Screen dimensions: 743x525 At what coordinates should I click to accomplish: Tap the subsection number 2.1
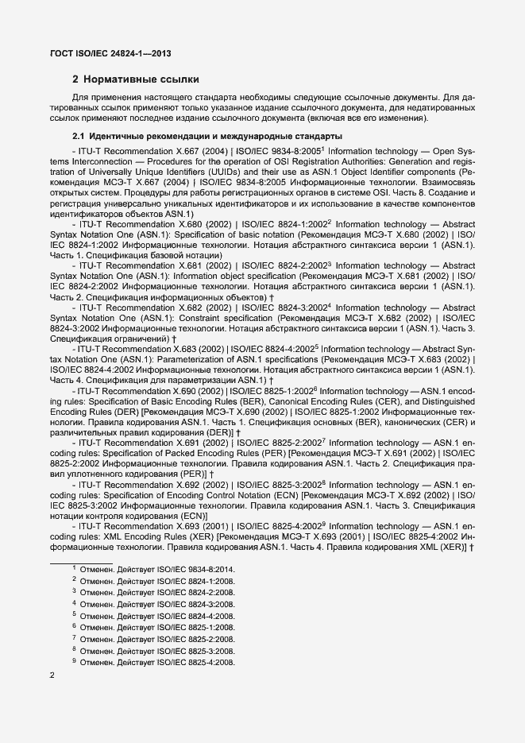click(79, 137)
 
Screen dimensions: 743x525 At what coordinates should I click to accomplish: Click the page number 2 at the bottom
click(52, 675)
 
